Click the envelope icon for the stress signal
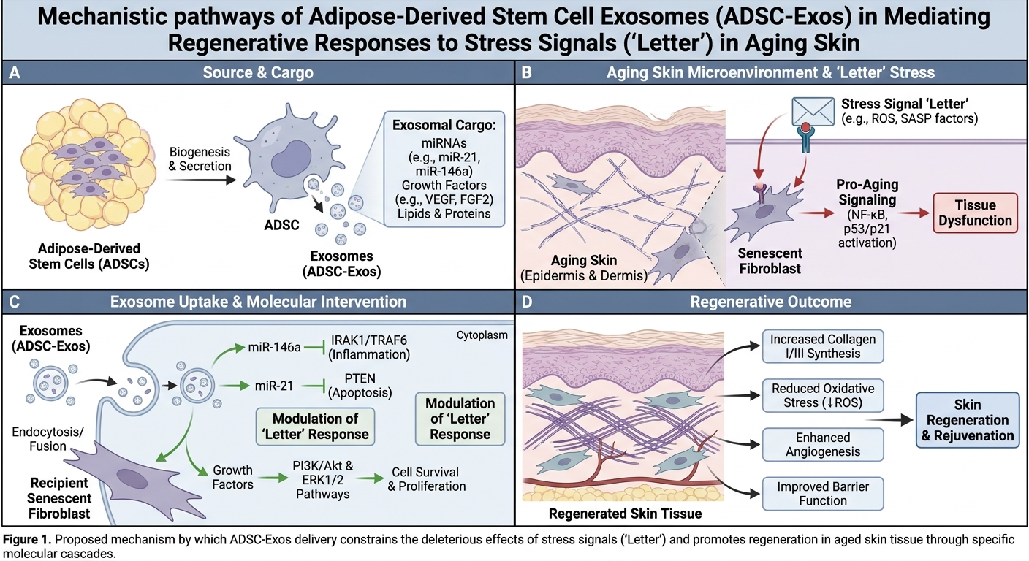pos(813,111)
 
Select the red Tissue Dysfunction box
pos(975,213)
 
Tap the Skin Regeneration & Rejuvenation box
pos(968,420)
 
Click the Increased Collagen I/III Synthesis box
pos(823,346)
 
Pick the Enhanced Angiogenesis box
pos(823,444)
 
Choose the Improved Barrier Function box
pos(823,494)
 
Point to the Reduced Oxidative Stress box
pos(823,395)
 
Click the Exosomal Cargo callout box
pos(444,169)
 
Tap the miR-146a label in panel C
pos(274,348)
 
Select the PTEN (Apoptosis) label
pos(360,385)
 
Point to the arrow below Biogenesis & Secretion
pos(200,180)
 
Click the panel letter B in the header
pos(526,72)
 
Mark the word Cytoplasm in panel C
pos(482,335)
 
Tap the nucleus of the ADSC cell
pos(291,159)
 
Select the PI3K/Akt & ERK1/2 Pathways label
pos(323,480)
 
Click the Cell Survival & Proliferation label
pos(426,479)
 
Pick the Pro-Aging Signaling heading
pos(867,192)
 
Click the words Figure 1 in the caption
pos(27,539)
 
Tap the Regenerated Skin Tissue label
pos(625,514)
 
